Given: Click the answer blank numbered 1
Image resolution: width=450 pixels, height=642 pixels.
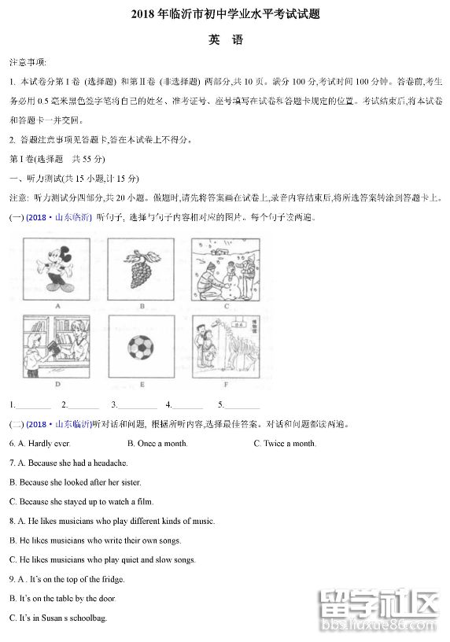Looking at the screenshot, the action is coord(33,405).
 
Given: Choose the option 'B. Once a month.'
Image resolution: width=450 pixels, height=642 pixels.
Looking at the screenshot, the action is coord(157,444).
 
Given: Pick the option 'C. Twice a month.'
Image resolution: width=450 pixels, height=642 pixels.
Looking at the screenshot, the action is coord(285,444).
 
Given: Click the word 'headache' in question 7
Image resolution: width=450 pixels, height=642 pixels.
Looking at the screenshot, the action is coord(111,463).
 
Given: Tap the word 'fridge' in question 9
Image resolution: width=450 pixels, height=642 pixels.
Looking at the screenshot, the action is coord(112,579).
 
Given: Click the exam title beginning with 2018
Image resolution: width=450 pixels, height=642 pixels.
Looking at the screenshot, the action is coord(225,14).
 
